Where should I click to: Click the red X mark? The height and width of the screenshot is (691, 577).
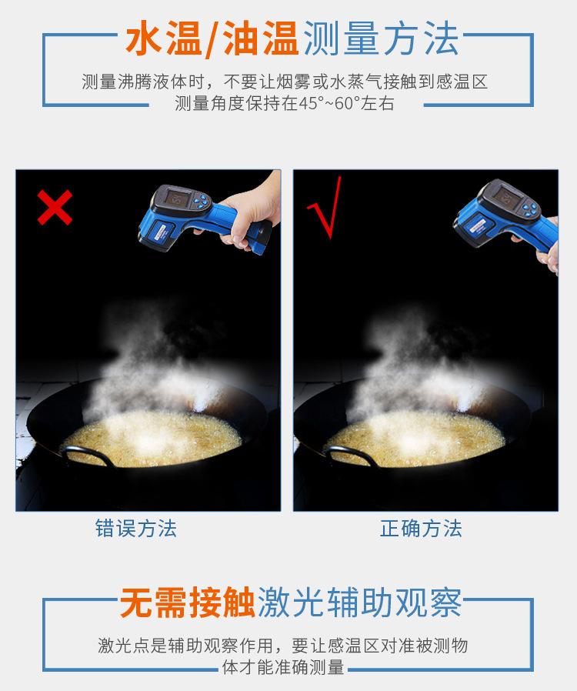tap(55, 207)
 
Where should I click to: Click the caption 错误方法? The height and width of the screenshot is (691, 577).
tap(136, 529)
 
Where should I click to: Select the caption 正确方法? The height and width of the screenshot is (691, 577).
tap(421, 529)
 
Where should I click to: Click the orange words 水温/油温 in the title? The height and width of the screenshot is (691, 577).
tap(212, 39)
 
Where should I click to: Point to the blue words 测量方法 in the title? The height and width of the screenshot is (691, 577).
tap(382, 39)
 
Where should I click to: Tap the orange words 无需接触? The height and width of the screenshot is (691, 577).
tap(188, 603)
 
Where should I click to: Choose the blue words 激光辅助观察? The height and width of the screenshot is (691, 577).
tap(360, 603)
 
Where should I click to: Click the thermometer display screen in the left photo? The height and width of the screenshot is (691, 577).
tap(175, 198)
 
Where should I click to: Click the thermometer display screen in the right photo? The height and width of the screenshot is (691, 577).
tap(505, 194)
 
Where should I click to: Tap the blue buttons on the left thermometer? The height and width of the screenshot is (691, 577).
tap(200, 202)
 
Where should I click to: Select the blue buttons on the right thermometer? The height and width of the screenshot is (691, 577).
tap(530, 208)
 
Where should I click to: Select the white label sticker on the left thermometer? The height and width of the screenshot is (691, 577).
tap(158, 231)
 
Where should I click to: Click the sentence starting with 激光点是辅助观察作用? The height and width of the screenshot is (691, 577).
tap(282, 656)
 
